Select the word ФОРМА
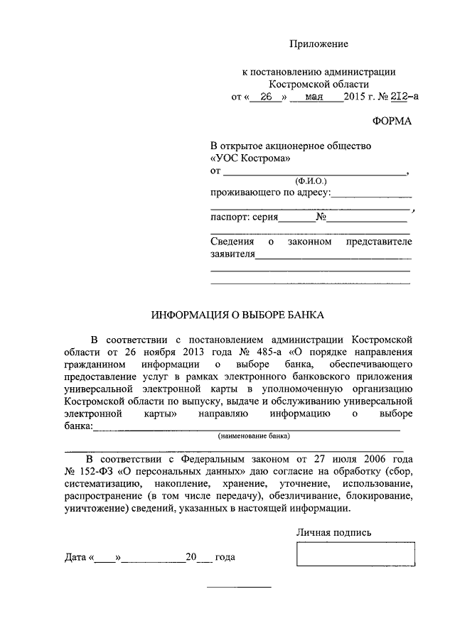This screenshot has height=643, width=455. click(x=393, y=121)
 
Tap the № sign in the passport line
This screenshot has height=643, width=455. click(x=321, y=217)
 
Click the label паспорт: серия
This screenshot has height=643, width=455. click(x=244, y=217)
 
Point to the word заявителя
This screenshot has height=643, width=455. click(x=232, y=254)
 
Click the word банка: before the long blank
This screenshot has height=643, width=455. click(x=78, y=426)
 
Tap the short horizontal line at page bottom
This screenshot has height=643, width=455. click(x=239, y=588)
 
